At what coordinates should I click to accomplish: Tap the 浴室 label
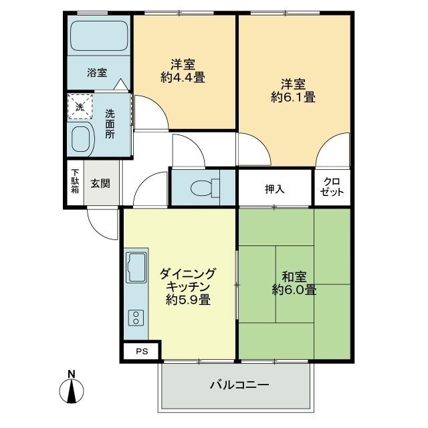pos(97,73)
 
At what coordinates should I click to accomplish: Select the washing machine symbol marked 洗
pos(80,107)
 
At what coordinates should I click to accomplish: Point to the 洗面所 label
pos(110,123)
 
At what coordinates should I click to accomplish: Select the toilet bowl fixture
pos(203,189)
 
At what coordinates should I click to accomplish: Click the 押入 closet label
pos(274,189)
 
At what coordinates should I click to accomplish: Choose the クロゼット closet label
pos(332,187)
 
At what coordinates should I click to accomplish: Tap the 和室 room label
pos(294,276)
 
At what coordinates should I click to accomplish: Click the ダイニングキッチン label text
pos(188,280)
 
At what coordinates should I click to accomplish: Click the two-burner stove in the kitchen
pos(135,318)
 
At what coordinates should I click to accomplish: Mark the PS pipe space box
pos(140,351)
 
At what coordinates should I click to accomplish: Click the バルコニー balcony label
pos(238,386)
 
